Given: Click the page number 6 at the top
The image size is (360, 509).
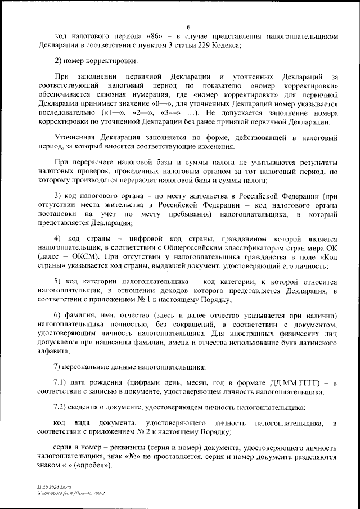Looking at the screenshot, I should (188, 26).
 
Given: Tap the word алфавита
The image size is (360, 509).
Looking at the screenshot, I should (55, 351).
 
